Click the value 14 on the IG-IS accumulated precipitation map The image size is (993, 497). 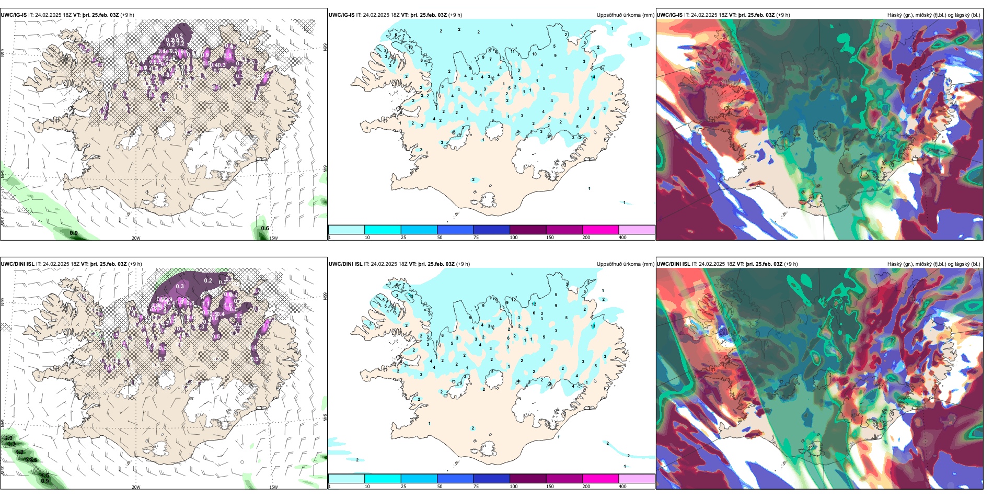coord(593,77)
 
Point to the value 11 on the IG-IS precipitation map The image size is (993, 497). coord(513,52)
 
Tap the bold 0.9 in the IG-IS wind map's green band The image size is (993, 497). coord(74,233)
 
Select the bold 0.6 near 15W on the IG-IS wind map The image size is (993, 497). coord(265,228)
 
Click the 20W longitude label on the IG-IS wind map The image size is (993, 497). coord(136,238)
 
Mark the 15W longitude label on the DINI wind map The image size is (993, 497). coord(273,487)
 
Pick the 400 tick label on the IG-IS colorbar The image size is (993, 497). coord(622,238)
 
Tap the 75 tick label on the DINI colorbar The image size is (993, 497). coord(476,487)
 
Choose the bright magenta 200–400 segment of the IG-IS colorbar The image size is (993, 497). coord(601,230)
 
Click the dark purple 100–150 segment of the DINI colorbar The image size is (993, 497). coord(528,479)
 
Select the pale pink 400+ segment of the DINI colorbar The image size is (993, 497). coord(637,479)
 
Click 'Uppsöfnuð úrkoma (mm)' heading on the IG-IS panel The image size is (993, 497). coord(625,15)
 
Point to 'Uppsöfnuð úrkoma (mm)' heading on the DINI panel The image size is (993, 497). coord(625,264)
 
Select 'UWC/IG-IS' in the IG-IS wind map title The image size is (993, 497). coord(14,15)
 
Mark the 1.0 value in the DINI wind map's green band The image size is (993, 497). coord(8,438)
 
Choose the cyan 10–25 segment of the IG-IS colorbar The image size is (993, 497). coord(383,230)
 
